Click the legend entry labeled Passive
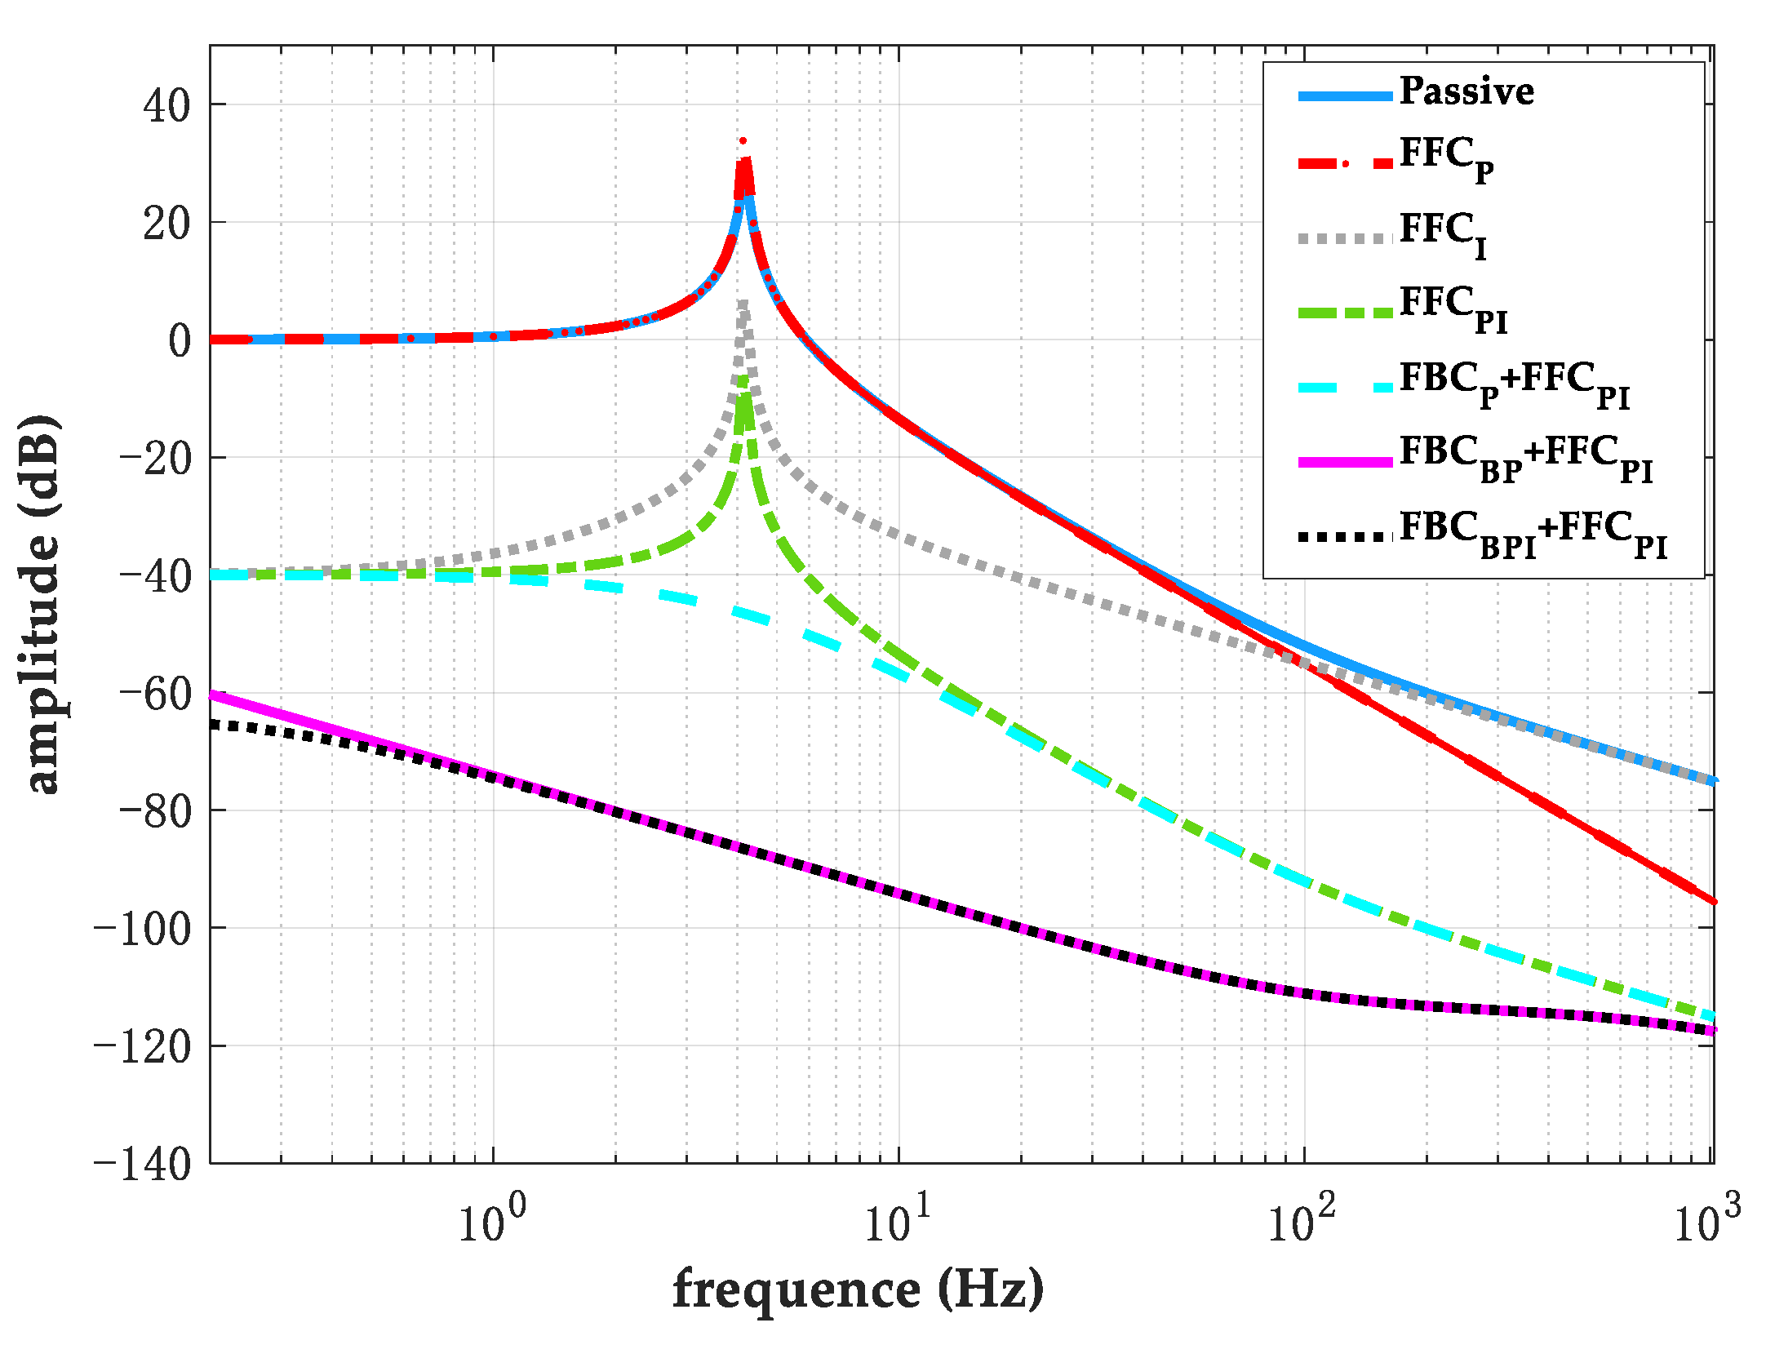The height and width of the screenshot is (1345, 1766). [x=1466, y=91]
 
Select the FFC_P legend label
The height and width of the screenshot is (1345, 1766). [x=1446, y=158]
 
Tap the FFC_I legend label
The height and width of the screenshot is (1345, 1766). [x=1443, y=233]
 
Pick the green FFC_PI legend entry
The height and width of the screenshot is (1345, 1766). [x=1453, y=308]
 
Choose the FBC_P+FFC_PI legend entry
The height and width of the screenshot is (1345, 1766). [x=1514, y=383]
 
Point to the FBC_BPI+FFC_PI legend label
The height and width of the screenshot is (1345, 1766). [x=1532, y=532]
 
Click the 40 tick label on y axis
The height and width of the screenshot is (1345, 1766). [x=166, y=105]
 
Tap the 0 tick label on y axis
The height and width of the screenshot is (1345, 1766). [x=180, y=340]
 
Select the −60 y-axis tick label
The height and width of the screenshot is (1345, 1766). [x=154, y=693]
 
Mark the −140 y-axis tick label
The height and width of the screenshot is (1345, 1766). [x=143, y=1163]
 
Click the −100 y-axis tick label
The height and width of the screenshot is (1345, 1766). [x=143, y=928]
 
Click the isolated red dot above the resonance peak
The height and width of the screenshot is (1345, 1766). [x=743, y=140]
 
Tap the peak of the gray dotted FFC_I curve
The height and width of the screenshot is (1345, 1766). [x=743, y=304]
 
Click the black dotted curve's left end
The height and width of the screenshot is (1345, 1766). [x=214, y=724]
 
